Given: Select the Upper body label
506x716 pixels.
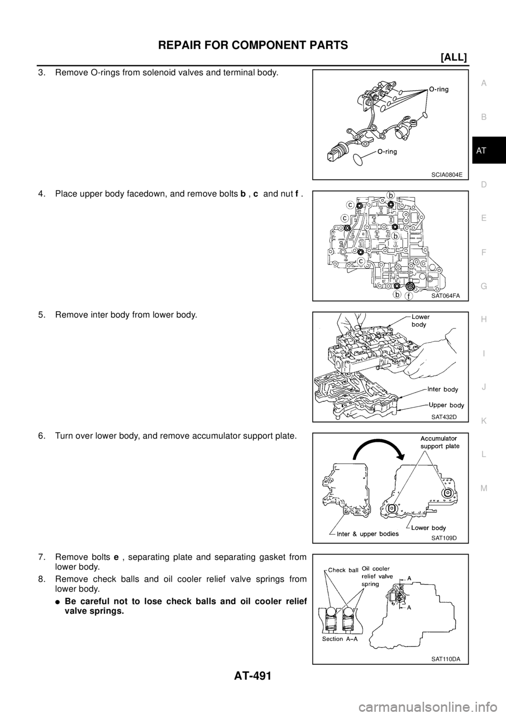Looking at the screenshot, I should click(x=445, y=405).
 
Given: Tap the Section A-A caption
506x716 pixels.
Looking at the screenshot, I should click(x=342, y=639).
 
